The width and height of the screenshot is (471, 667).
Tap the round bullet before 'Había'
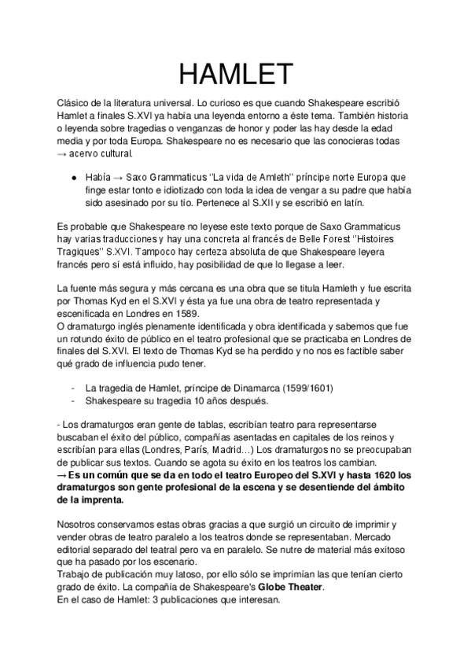[x=73, y=179]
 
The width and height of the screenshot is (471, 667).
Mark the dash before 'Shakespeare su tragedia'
[x=73, y=400]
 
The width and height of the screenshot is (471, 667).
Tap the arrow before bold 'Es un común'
[x=64, y=476]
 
